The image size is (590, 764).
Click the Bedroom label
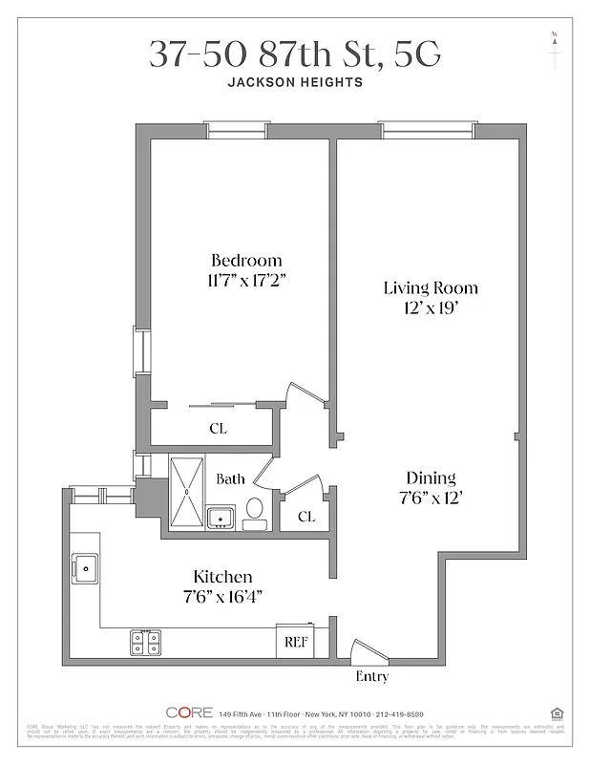(246, 261)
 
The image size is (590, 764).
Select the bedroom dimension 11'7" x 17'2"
(246, 281)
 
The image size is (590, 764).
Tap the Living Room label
(431, 287)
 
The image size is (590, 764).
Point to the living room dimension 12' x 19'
(431, 308)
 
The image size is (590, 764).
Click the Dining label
(431, 477)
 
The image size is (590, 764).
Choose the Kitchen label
(222, 576)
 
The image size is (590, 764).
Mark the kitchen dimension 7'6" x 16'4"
(222, 596)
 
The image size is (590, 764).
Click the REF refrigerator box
(294, 642)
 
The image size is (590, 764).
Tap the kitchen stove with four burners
(145, 643)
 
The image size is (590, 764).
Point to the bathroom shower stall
(188, 492)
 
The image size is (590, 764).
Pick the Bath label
(230, 478)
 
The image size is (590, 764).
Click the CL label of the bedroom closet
(218, 429)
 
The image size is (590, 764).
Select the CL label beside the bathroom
(306, 517)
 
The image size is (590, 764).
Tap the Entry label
(371, 676)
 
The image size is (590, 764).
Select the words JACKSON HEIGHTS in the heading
(295, 82)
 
